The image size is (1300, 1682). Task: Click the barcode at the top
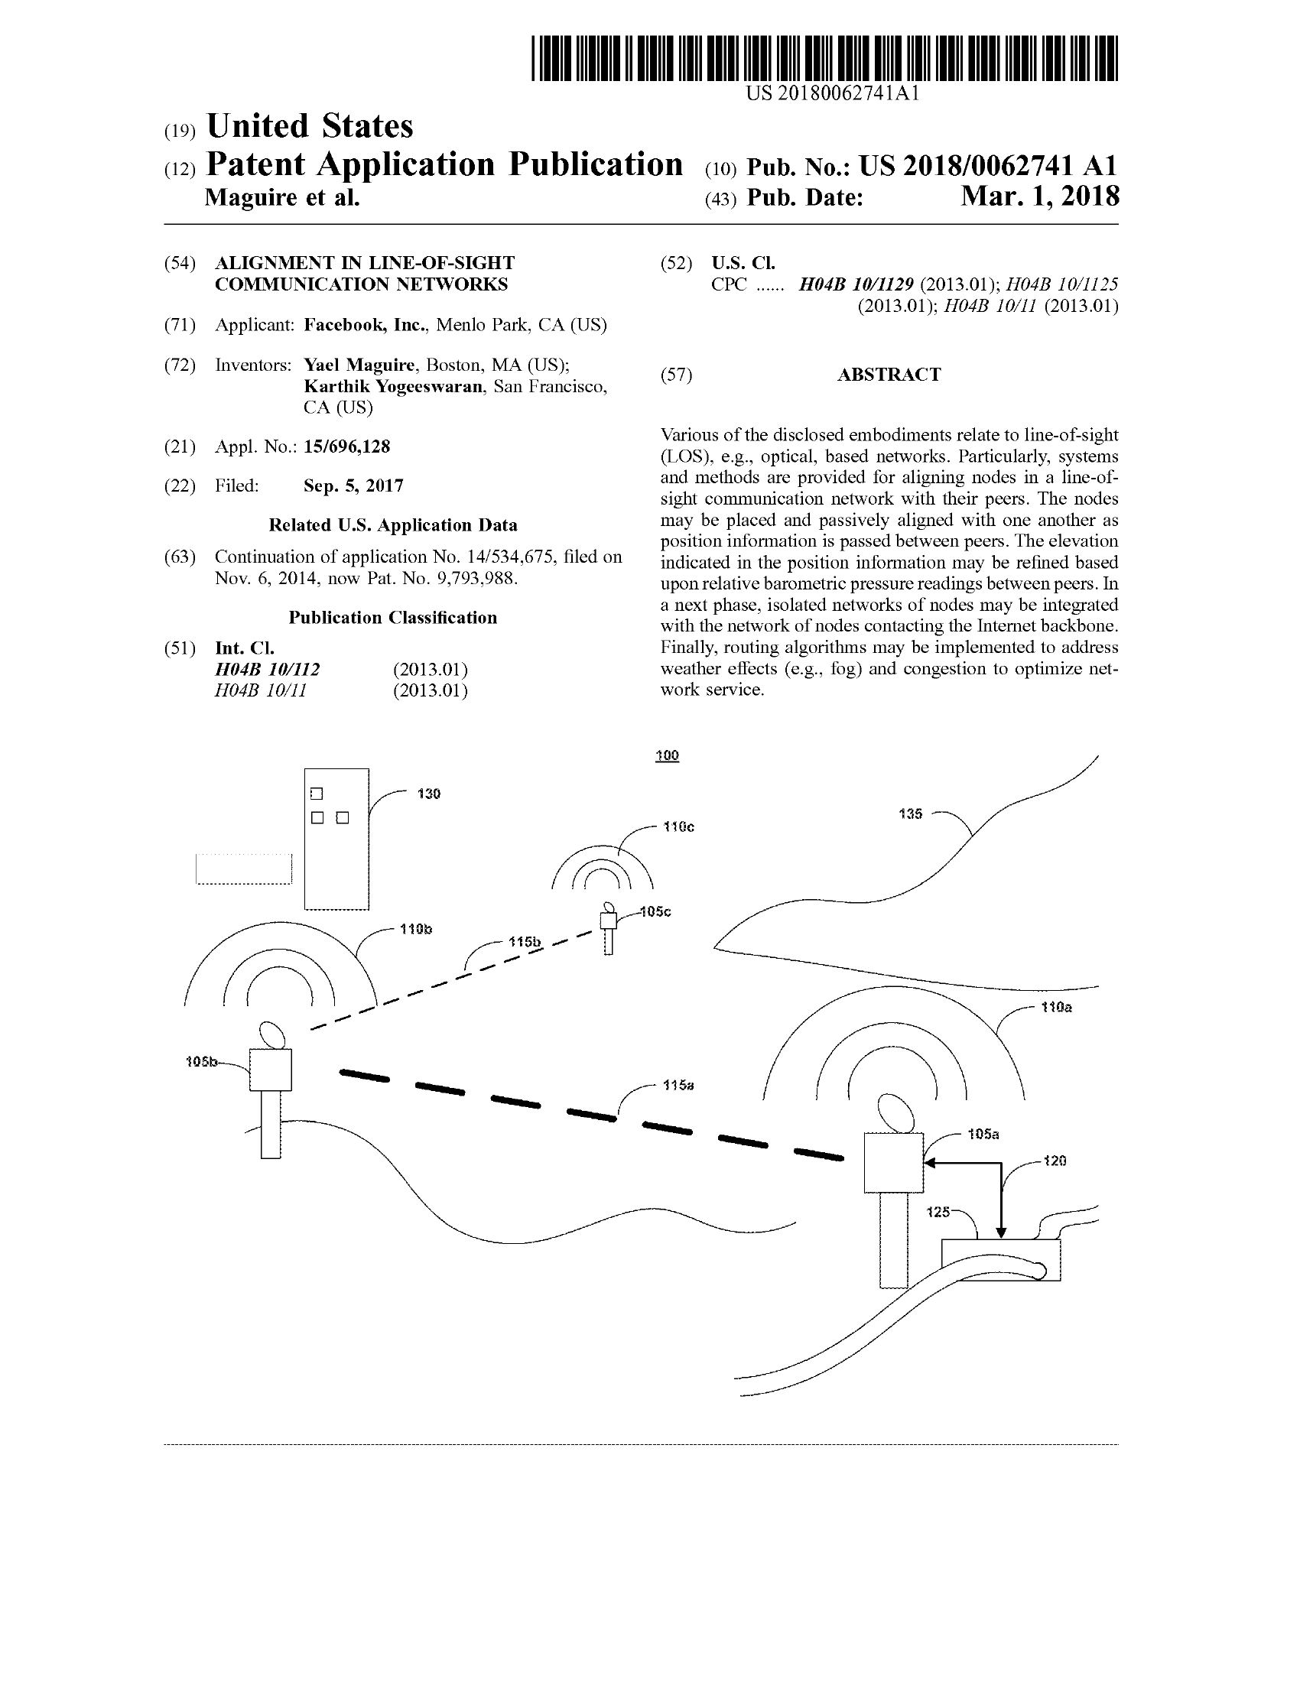[824, 59]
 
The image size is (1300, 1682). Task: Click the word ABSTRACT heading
[889, 375]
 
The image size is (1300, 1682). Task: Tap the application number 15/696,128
[346, 446]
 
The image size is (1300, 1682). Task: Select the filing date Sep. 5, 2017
[353, 486]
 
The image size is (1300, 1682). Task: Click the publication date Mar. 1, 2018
[1040, 196]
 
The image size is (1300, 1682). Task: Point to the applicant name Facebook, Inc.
[365, 325]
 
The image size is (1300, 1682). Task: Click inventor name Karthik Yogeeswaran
[393, 387]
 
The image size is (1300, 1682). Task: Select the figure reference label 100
[667, 755]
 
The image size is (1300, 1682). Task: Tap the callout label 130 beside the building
[429, 794]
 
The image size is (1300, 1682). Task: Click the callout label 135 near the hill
[910, 813]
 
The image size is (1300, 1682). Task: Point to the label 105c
[655, 912]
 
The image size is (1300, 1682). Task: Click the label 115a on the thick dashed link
[678, 1085]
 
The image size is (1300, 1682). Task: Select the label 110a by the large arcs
[1056, 1008]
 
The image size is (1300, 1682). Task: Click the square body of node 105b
[270, 1070]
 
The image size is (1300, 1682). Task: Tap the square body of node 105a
[893, 1162]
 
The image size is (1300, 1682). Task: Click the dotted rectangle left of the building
[244, 869]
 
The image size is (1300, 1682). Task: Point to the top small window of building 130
[317, 794]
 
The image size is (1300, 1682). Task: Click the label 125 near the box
[938, 1213]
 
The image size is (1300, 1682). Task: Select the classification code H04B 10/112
[267, 669]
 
